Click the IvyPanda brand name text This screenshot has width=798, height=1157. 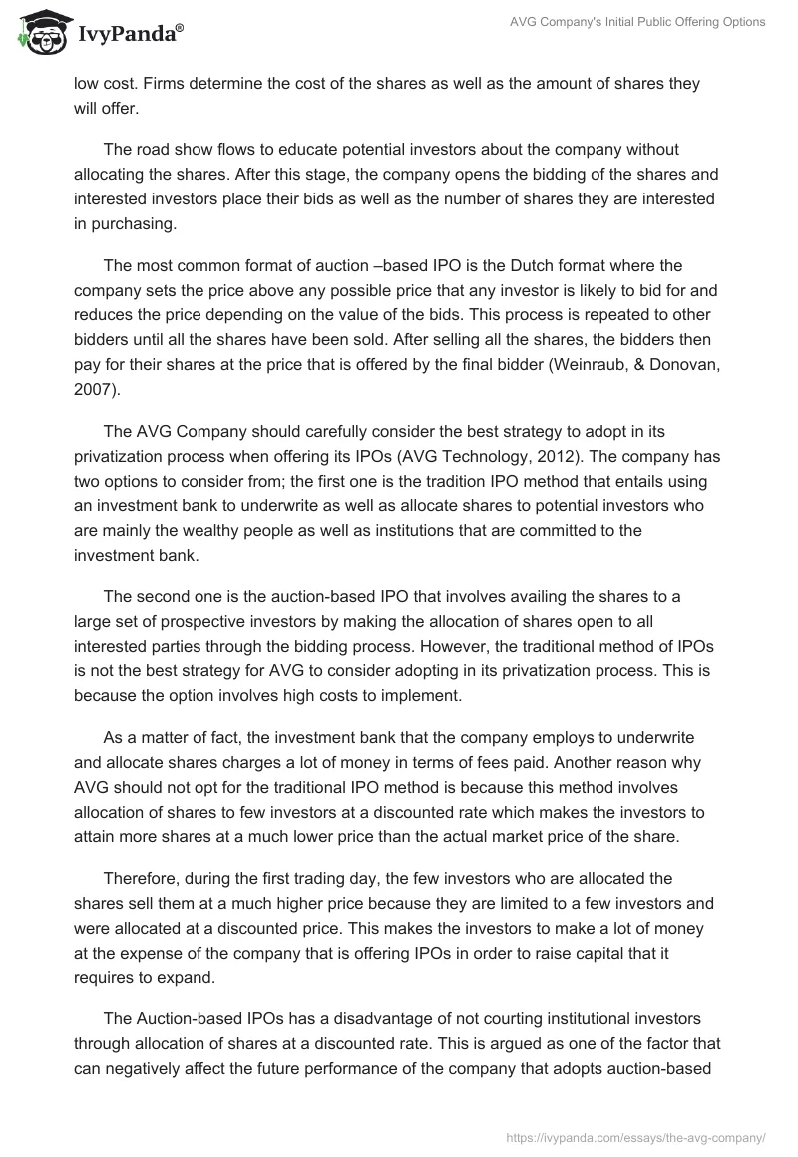pos(126,34)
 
